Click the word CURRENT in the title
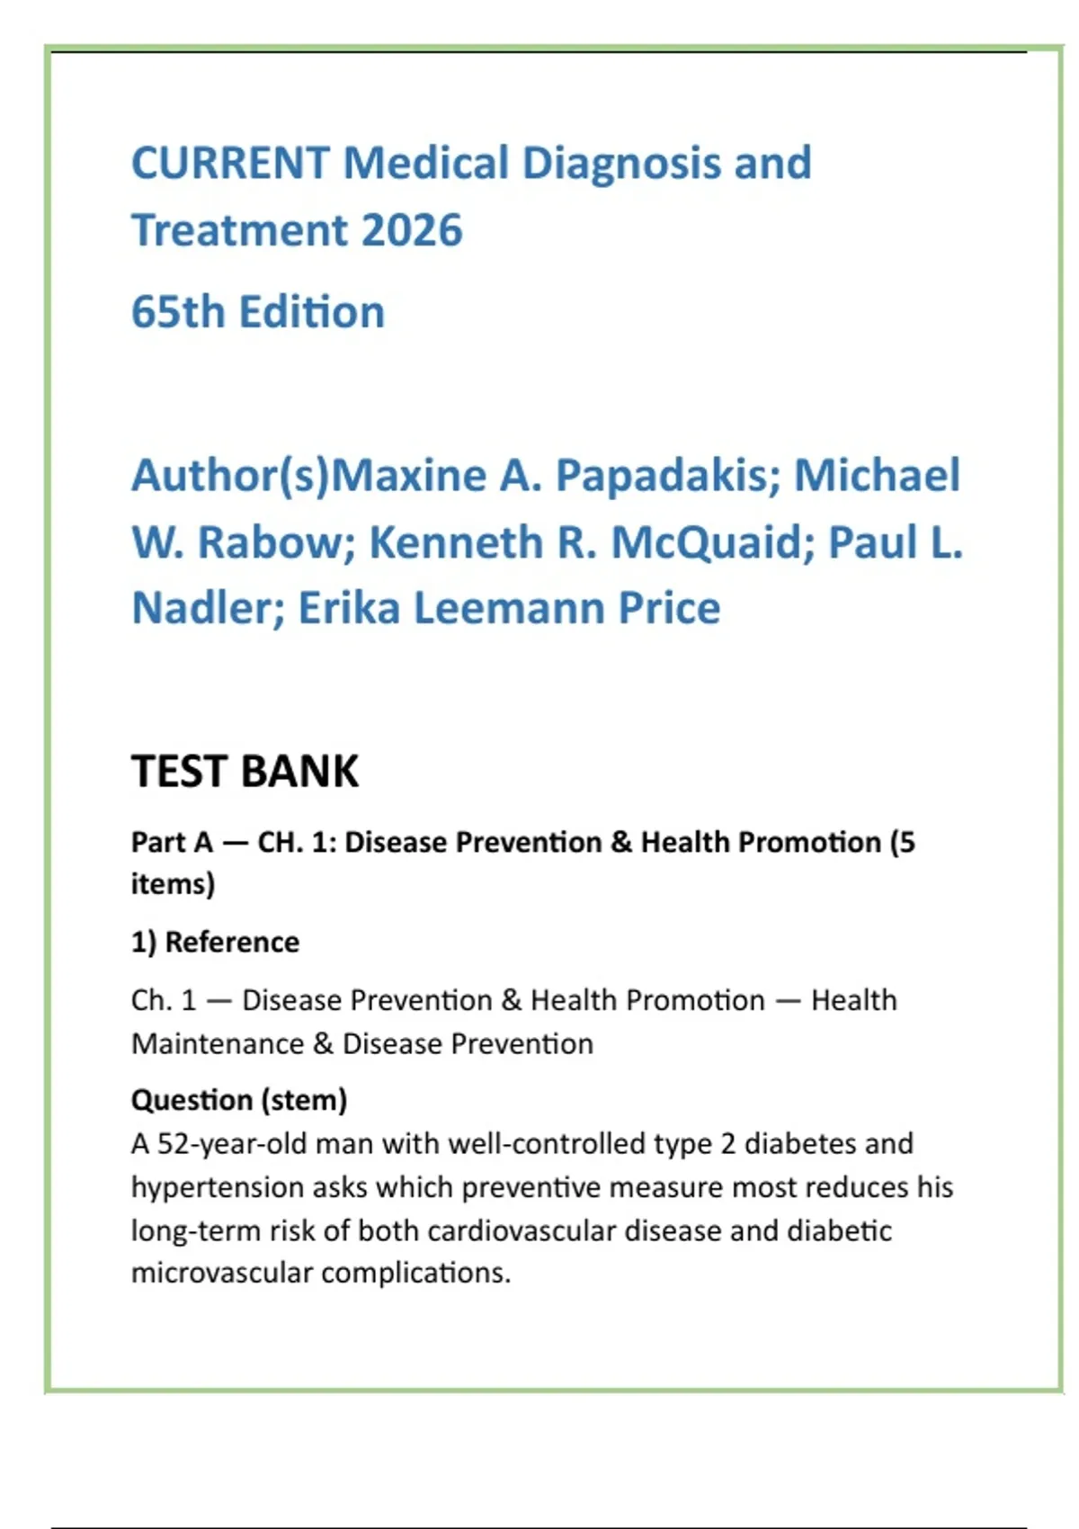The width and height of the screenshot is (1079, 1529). (230, 164)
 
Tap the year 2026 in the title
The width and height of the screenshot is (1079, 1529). (412, 230)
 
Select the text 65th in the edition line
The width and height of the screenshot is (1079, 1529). (178, 312)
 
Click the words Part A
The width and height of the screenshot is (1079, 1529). (172, 843)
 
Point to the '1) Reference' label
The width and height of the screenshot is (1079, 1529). (215, 943)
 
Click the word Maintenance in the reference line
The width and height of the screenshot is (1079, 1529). (218, 1044)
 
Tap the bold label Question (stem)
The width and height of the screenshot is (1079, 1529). (239, 1100)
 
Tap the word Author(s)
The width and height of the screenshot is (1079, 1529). (231, 476)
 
